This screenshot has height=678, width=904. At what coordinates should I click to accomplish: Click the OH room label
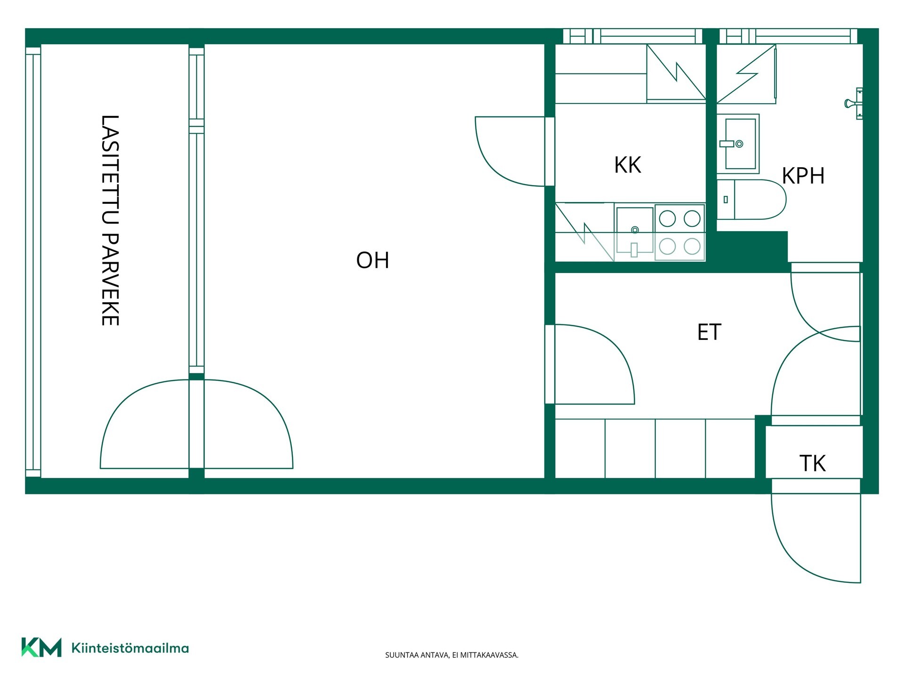click(x=372, y=260)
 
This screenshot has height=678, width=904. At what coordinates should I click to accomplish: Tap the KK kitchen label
click(x=628, y=165)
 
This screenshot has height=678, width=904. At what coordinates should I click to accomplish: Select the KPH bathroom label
click(x=803, y=176)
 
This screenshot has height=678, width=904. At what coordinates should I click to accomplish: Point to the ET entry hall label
click(x=709, y=332)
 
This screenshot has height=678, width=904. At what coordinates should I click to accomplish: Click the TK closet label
click(x=813, y=464)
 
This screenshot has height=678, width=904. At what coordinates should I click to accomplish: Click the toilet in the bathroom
click(x=751, y=200)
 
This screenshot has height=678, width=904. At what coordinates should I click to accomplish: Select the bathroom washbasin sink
click(x=738, y=144)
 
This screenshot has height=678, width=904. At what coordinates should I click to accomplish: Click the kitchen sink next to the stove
click(x=635, y=233)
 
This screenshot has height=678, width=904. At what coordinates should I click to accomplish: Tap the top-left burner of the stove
click(x=667, y=218)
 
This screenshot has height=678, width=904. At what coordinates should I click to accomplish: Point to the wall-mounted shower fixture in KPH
click(x=854, y=103)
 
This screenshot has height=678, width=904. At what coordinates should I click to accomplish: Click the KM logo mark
click(x=41, y=647)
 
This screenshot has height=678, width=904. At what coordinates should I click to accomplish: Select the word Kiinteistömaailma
click(x=130, y=648)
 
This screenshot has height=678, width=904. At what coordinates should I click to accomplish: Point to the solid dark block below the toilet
click(x=752, y=246)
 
